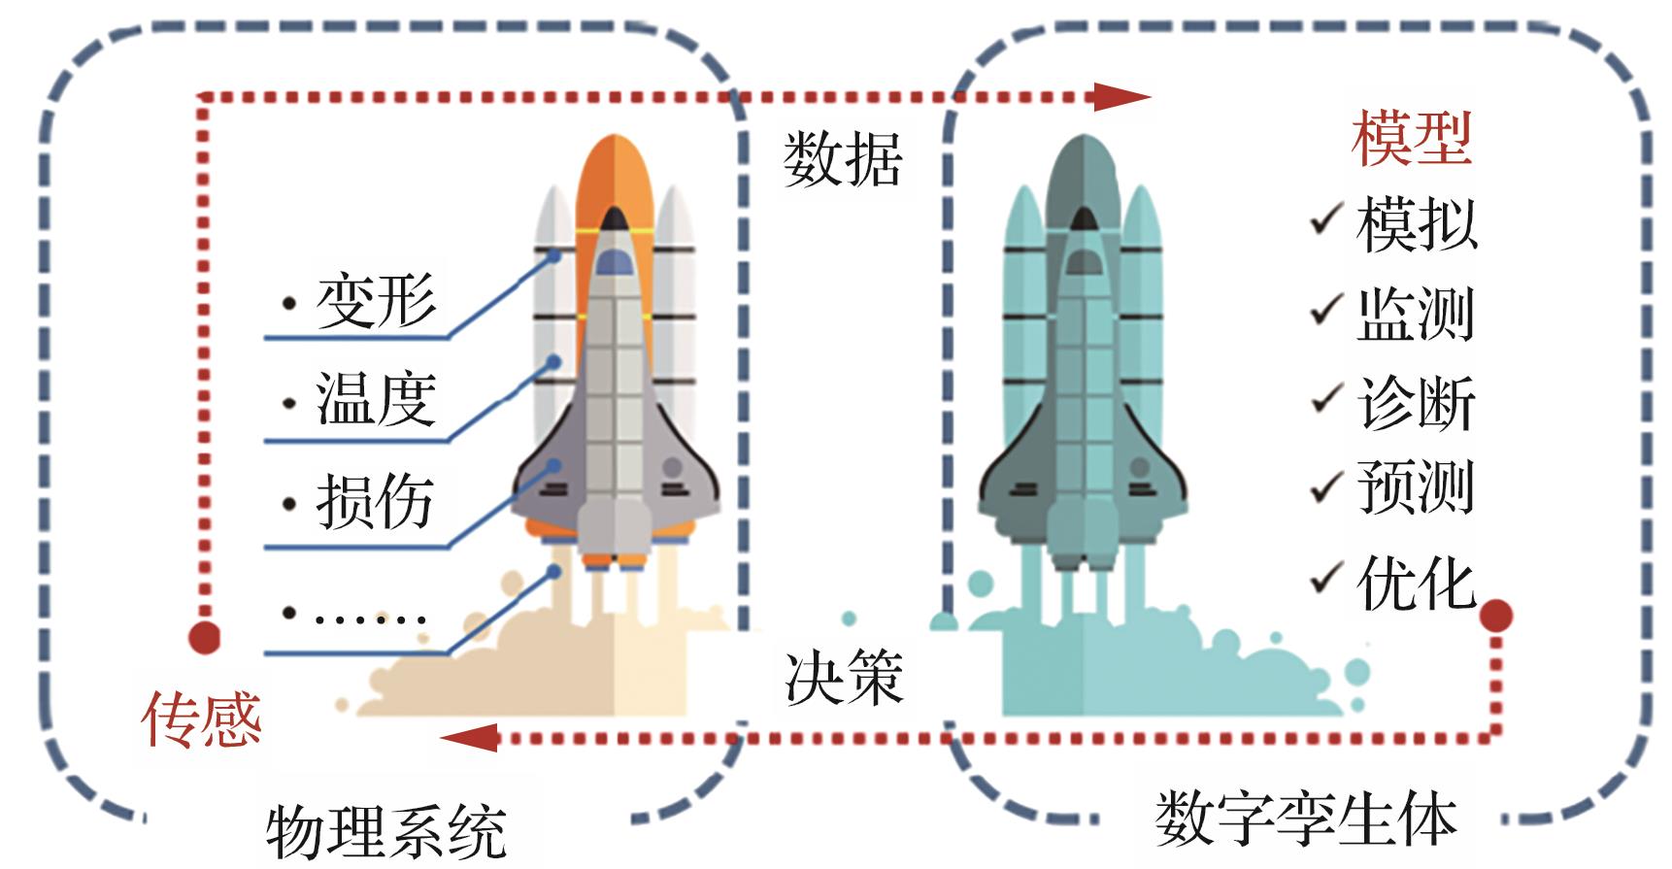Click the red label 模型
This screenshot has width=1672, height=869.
(x=1412, y=139)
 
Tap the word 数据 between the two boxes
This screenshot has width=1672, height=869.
(x=843, y=159)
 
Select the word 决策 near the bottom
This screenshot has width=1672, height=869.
(x=843, y=677)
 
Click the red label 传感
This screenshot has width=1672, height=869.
(x=202, y=719)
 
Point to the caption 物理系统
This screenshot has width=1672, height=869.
(x=386, y=831)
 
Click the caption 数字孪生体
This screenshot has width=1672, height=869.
(x=1305, y=819)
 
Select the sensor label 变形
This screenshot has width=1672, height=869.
(x=376, y=301)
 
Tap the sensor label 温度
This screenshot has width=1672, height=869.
(x=376, y=398)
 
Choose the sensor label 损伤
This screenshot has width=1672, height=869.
(x=375, y=502)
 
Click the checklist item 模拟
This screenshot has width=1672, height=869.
(x=1416, y=224)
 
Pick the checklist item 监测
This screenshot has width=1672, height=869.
(x=1416, y=314)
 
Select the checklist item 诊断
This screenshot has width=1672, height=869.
(x=1416, y=402)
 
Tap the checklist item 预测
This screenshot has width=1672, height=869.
(x=1416, y=486)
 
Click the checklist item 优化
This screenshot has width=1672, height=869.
(x=1416, y=583)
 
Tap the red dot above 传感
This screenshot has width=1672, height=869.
(x=204, y=637)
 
